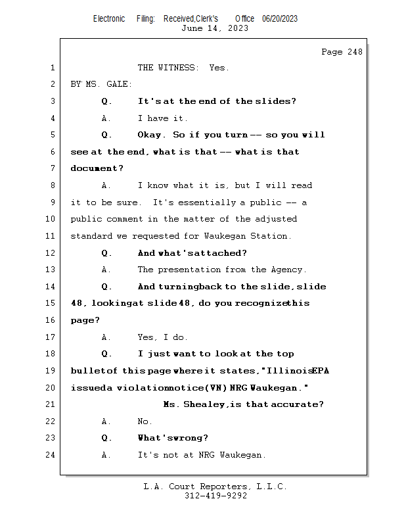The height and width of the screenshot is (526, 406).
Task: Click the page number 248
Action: tap(355, 52)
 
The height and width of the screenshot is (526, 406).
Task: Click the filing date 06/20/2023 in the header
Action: tap(280, 19)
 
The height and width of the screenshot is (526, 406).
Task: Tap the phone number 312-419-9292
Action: tap(215, 496)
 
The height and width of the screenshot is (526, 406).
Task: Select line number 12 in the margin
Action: tap(50, 253)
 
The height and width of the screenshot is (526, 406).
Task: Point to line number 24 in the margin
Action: tap(50, 455)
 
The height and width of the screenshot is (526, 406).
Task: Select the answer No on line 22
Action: tap(145, 421)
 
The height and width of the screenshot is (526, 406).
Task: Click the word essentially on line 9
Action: tap(207, 203)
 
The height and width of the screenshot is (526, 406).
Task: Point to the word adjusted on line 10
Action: tap(276, 219)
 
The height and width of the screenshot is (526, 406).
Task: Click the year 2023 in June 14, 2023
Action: tap(238, 28)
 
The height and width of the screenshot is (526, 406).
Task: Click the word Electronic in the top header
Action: tap(109, 19)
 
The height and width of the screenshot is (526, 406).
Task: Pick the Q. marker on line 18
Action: tap(106, 354)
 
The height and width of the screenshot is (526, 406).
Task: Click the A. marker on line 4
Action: tap(106, 118)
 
